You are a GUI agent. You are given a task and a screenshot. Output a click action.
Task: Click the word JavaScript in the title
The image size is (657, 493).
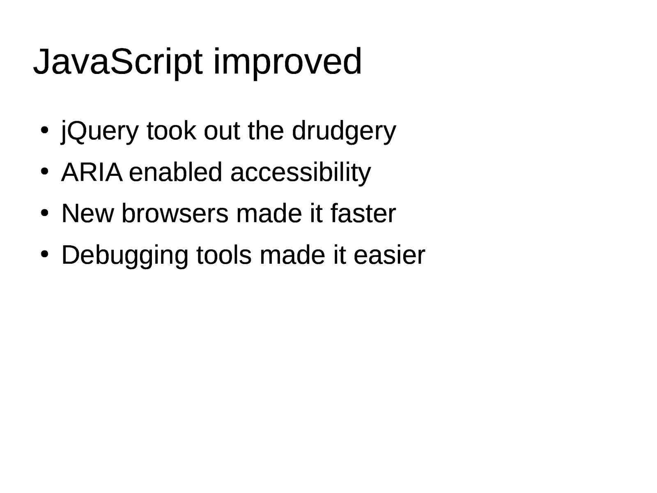pos(118,62)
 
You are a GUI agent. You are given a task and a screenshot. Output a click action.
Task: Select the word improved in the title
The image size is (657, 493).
pos(288,62)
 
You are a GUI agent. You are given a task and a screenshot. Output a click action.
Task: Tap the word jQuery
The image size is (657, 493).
pos(100,132)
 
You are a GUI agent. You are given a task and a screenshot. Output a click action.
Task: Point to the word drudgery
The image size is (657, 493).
pos(344,132)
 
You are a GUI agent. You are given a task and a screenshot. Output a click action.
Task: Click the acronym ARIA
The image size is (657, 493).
pos(92,172)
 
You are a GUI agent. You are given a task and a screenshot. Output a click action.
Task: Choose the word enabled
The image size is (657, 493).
pos(175,172)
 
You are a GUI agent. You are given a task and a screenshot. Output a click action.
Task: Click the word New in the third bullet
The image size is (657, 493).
pos(88,213)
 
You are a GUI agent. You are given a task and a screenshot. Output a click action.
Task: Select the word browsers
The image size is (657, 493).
pos(175,213)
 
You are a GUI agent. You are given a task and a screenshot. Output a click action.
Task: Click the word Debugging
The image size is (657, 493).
pos(125,256)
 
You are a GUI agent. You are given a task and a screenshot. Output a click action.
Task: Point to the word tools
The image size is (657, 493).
pos(224,255)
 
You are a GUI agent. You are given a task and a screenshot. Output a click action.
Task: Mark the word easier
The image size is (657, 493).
pos(389,255)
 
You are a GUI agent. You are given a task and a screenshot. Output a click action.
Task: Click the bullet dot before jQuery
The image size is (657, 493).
pos(44,130)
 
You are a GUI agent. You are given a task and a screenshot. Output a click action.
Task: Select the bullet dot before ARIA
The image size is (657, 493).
pos(44,172)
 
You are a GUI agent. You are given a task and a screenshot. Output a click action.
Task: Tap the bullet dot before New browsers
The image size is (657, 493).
pos(44,213)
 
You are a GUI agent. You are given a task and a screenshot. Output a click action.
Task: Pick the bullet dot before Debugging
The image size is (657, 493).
pos(44,255)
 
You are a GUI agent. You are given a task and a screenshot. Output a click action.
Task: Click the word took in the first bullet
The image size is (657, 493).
pos(172,131)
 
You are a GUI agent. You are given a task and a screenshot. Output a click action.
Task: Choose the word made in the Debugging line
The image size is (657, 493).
pos(292,255)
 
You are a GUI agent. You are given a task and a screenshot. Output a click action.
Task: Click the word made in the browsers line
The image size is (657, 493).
pos(269,213)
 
